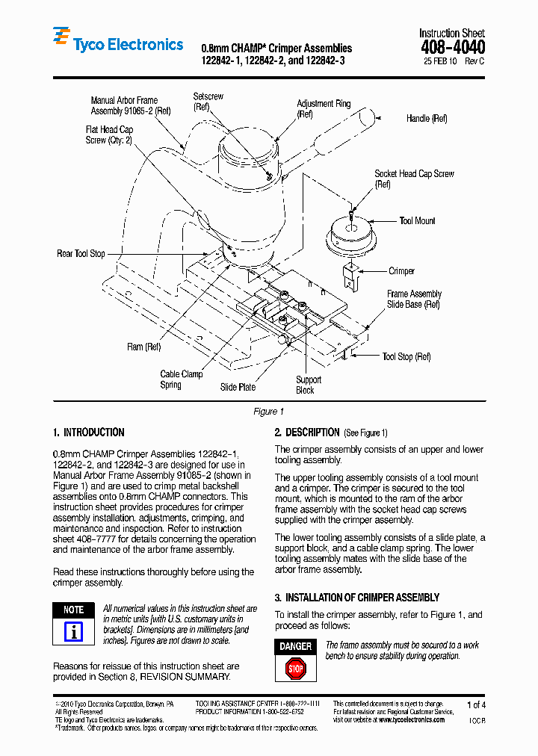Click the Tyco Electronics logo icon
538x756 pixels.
point(61,39)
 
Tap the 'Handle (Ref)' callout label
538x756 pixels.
point(427,118)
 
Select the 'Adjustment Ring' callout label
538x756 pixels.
point(323,104)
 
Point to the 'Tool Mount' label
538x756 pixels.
point(417,221)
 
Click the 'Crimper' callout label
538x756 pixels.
point(401,271)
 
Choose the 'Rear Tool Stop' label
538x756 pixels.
point(81,254)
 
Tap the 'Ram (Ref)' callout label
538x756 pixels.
point(144,347)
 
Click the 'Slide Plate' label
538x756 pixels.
point(238,387)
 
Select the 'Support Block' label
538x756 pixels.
point(308,385)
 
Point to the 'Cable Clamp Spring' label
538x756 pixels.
point(181,379)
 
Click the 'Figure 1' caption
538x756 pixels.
point(269,412)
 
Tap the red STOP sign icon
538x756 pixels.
point(296,669)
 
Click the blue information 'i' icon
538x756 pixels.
point(73,632)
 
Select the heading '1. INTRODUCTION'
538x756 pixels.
point(89,433)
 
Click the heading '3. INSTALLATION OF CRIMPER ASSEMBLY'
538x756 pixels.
point(356,598)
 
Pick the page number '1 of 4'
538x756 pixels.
point(476,704)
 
